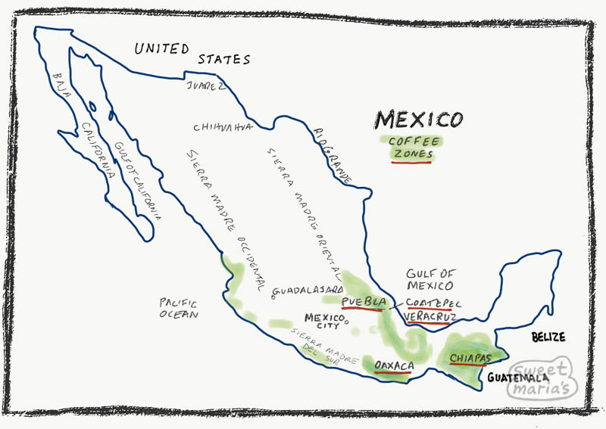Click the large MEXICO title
pyautogui.click(x=418, y=120)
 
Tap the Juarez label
pyautogui.click(x=205, y=86)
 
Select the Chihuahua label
pyautogui.click(x=222, y=126)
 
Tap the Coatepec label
pyautogui.click(x=433, y=303)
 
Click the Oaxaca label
pyautogui.click(x=394, y=367)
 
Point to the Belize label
pyautogui.click(x=548, y=337)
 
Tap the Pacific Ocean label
pyautogui.click(x=179, y=308)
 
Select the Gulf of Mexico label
pyautogui.click(x=430, y=279)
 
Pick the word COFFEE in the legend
pyautogui.click(x=413, y=141)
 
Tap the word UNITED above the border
pyautogui.click(x=161, y=49)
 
